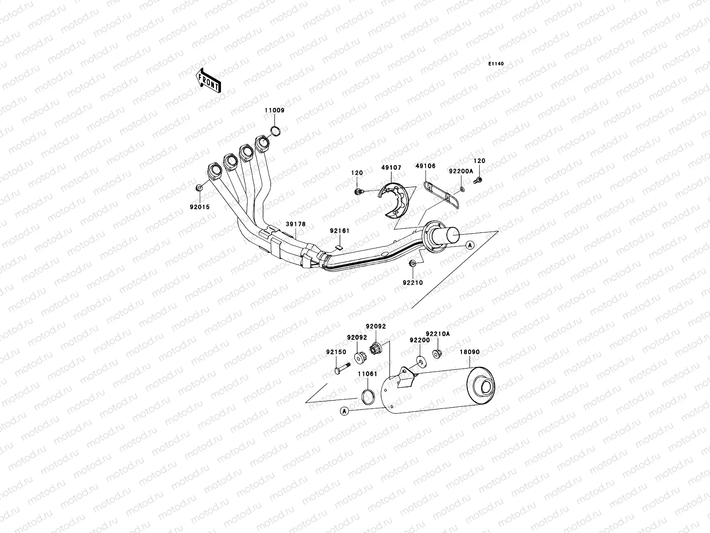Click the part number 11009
coord(275,110)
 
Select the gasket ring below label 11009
coord(275,131)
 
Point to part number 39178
coord(295,225)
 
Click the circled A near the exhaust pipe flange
coord(470,245)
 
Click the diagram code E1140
coord(497,64)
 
